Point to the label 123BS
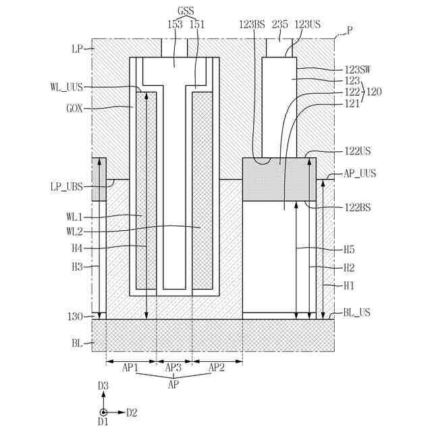coord(252,24)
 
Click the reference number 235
coord(280,24)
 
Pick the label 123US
coord(308,24)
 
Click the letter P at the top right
coord(350,30)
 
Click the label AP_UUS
coord(360,173)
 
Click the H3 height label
coord(78,267)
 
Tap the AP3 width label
coord(173,368)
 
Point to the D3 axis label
coord(103,385)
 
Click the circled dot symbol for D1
coord(103,412)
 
